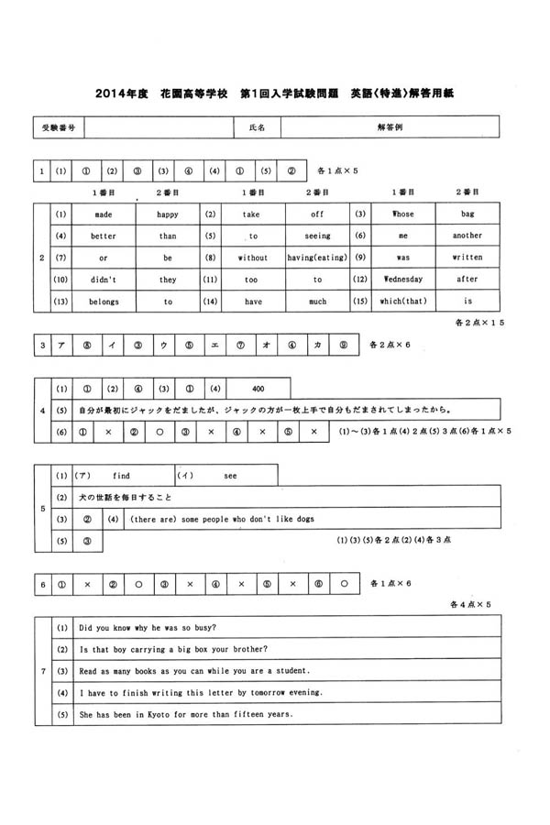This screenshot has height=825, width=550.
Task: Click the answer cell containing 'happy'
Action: (x=168, y=214)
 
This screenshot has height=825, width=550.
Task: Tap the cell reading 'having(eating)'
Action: (x=317, y=258)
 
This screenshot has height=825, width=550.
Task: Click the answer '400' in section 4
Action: (x=258, y=388)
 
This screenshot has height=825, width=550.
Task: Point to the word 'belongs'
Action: (x=104, y=301)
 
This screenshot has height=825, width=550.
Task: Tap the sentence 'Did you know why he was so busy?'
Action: (x=148, y=628)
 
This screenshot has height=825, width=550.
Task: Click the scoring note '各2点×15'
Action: (x=479, y=323)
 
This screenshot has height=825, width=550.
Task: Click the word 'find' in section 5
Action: (x=121, y=476)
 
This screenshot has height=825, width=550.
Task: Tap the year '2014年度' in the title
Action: (x=120, y=93)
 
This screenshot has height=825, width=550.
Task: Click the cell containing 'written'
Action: (x=467, y=258)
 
